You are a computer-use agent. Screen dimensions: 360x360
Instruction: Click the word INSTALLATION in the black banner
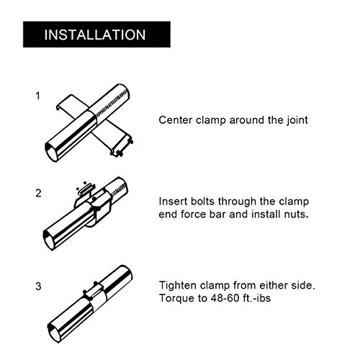[x=95, y=35]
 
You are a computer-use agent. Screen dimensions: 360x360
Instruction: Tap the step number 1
[x=37, y=96]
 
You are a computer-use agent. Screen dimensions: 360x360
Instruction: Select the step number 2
[x=38, y=193]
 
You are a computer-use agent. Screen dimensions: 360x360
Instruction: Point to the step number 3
[x=38, y=287]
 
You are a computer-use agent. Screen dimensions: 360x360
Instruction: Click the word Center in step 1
[x=176, y=120]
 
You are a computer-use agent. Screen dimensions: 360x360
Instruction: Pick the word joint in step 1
[x=297, y=120]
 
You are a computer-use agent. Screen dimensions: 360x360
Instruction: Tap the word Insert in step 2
[x=173, y=202]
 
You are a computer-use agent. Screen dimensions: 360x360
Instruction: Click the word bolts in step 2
[x=202, y=202]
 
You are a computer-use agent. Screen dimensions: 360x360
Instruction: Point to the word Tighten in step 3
[x=177, y=285]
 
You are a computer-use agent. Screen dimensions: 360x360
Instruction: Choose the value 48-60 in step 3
[x=224, y=298]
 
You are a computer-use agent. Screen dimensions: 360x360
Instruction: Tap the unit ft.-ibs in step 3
[x=256, y=298]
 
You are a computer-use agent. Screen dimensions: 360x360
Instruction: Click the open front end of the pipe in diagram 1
[x=53, y=152]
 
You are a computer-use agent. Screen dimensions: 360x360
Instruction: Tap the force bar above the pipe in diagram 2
[x=86, y=189]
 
